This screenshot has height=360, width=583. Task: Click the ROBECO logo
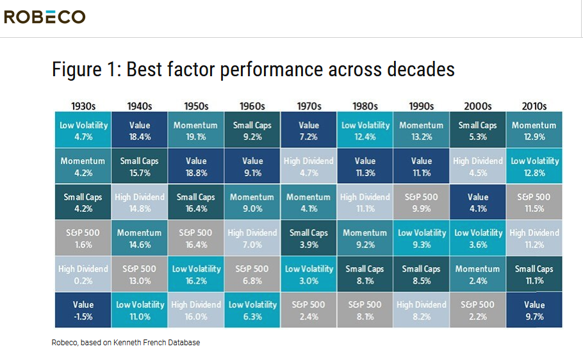click(44, 17)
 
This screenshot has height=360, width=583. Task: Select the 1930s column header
click(83, 106)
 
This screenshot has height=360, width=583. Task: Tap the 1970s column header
click(309, 106)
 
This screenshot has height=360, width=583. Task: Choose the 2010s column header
click(534, 106)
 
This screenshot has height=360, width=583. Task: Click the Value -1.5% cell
click(83, 310)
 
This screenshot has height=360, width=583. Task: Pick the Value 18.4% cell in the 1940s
click(140, 131)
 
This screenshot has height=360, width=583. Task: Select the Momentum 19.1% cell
click(196, 131)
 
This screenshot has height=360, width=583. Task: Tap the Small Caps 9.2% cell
click(252, 131)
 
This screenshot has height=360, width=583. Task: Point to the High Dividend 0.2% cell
click(83, 274)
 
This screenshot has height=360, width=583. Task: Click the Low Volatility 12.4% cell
click(365, 131)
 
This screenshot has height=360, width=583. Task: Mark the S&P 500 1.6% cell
click(83, 238)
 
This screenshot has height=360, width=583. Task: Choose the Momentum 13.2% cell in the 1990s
click(422, 131)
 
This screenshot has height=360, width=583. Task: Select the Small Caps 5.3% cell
click(478, 131)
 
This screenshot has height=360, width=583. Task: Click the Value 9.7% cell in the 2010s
click(534, 310)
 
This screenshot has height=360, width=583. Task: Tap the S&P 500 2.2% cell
click(478, 310)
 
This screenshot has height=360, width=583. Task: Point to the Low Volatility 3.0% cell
click(309, 274)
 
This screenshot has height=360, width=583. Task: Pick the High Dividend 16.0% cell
click(196, 310)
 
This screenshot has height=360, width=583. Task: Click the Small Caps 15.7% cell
click(140, 167)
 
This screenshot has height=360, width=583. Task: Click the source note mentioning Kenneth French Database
click(126, 343)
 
